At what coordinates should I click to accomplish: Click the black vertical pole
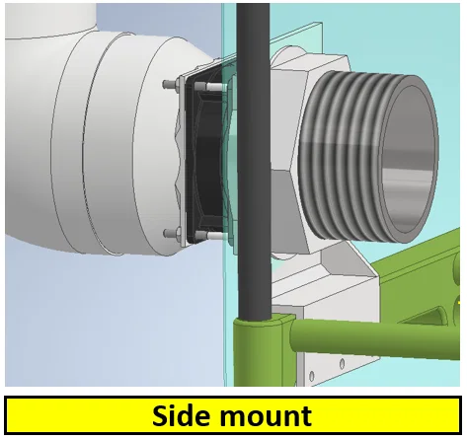[253, 161]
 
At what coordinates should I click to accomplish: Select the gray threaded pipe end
[368, 156]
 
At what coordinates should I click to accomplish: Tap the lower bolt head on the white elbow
[170, 233]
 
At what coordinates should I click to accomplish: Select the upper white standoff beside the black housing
[214, 87]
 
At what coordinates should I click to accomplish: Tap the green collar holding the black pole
[260, 348]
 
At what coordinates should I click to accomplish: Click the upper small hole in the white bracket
[342, 364]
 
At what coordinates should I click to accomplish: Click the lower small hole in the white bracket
[312, 376]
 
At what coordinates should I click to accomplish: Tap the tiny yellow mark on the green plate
[459, 302]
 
